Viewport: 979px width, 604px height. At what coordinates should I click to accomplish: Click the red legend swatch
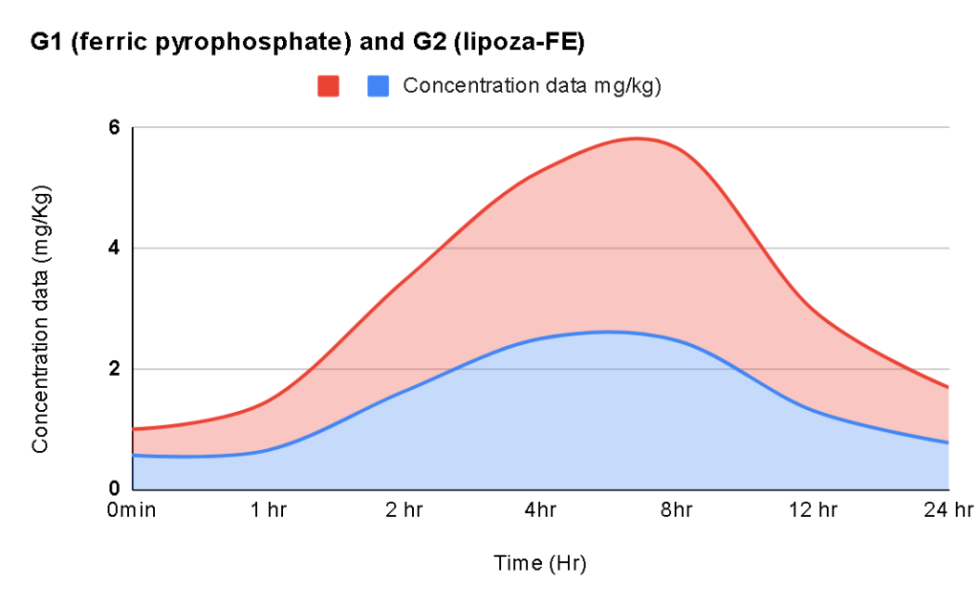[329, 86]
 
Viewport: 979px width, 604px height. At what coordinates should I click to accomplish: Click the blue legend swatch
[379, 86]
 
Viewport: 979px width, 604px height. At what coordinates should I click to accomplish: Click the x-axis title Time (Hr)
[539, 563]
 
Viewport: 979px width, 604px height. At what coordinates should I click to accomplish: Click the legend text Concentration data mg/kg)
[533, 85]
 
